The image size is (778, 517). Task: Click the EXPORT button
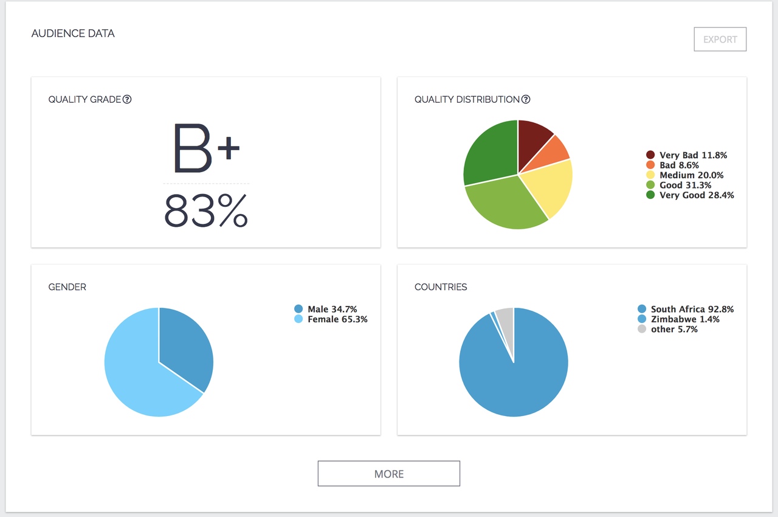click(x=720, y=40)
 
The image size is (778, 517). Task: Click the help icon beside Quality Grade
click(x=127, y=99)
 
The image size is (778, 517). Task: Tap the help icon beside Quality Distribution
click(x=526, y=99)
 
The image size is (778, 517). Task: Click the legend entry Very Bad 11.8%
click(x=687, y=155)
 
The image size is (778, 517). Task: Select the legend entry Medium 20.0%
click(x=685, y=175)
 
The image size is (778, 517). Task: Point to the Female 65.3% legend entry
click(x=331, y=319)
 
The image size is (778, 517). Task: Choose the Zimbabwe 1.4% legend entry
click(x=679, y=319)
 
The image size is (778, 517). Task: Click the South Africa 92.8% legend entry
click(x=686, y=309)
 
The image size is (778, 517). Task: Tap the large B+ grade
click(x=206, y=148)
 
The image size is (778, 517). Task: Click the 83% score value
click(x=206, y=210)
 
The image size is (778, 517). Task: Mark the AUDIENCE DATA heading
click(x=73, y=33)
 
